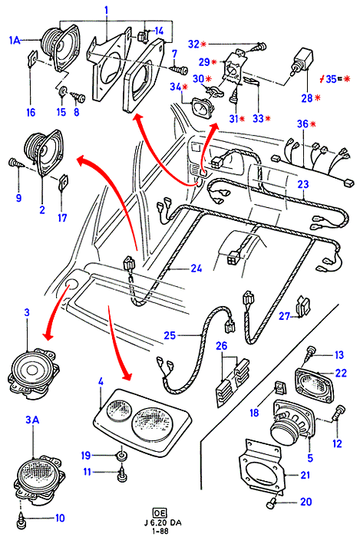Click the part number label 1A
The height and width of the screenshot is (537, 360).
(x=15, y=41)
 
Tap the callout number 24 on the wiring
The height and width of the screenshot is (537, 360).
(x=197, y=268)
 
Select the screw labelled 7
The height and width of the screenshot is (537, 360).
(x=180, y=71)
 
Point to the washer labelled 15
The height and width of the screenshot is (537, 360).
(x=62, y=92)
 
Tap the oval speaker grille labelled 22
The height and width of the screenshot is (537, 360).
(x=313, y=384)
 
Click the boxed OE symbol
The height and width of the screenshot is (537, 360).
(x=160, y=512)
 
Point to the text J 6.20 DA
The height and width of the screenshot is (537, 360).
(x=163, y=523)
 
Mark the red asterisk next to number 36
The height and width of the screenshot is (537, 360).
(x=313, y=124)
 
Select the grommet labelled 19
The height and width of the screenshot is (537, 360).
(x=122, y=456)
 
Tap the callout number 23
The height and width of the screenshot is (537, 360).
(x=303, y=184)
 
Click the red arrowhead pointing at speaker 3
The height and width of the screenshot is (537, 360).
(x=48, y=335)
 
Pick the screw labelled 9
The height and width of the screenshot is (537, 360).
(x=15, y=162)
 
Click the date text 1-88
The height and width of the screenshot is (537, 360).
(x=162, y=531)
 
